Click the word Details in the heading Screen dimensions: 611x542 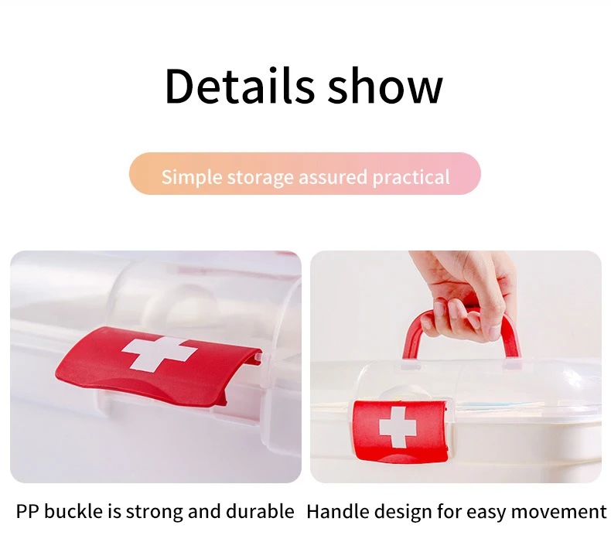239,85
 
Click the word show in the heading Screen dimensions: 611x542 385,85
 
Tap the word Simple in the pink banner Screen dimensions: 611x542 191,177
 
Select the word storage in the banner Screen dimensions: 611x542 260,178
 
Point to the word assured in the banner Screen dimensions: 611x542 333,177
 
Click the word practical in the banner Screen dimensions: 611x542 411,178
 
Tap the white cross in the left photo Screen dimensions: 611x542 159,354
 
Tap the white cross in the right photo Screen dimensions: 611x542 398,427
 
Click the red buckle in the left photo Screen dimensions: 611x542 156,366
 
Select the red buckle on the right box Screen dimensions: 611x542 400,431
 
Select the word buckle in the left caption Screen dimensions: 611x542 74,511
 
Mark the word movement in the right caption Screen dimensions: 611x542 558,512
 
